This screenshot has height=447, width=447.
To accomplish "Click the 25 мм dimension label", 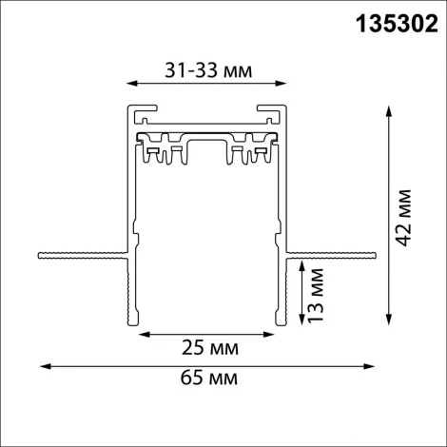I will [206, 349].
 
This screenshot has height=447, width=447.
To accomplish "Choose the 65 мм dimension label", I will [208, 380].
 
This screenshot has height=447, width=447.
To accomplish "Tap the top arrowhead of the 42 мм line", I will [387, 109].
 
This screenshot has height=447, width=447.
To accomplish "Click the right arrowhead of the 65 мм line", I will [372, 365].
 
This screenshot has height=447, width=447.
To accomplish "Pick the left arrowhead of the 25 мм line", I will [145, 335].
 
